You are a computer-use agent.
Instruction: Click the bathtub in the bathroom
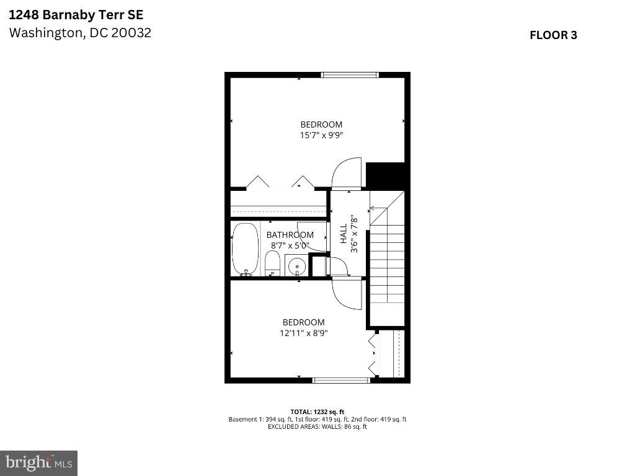click(x=245, y=249)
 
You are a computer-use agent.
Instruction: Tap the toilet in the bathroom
click(x=272, y=265)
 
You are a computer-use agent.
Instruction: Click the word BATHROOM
click(x=290, y=235)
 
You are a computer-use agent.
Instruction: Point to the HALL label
click(x=344, y=234)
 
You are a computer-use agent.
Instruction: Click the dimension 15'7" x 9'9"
click(x=321, y=134)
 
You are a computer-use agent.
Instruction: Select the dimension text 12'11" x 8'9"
click(x=303, y=333)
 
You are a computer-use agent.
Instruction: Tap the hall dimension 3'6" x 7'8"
click(x=355, y=234)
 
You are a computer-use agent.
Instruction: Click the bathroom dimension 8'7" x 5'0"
click(x=290, y=245)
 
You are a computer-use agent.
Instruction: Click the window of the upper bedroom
click(x=349, y=75)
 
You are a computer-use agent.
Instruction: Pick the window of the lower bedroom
click(x=341, y=380)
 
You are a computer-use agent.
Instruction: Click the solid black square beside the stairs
click(x=385, y=175)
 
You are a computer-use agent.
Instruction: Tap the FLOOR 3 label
click(x=553, y=35)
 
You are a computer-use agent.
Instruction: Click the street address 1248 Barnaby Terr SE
click(x=71, y=14)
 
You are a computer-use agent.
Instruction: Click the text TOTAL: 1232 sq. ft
click(x=317, y=412)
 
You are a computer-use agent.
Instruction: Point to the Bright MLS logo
click(x=38, y=462)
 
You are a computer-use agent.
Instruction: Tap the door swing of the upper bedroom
click(x=346, y=174)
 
